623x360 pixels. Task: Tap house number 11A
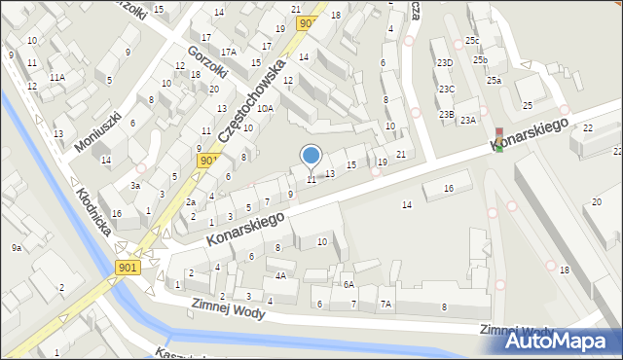[x=57, y=77]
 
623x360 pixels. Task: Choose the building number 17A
[x=228, y=53]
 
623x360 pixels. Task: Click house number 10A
[x=265, y=109]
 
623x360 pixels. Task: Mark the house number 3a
[x=136, y=185]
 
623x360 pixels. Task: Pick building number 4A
[x=280, y=275]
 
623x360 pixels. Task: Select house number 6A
[x=348, y=284]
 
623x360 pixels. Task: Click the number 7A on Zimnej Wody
[x=386, y=305]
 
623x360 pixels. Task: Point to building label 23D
[x=445, y=62]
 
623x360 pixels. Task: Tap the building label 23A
[x=468, y=120]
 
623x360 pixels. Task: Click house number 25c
[x=471, y=40]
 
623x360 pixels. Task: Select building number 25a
[x=494, y=81]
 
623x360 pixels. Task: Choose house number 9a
[x=17, y=248]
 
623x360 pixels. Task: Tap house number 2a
[x=192, y=202]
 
